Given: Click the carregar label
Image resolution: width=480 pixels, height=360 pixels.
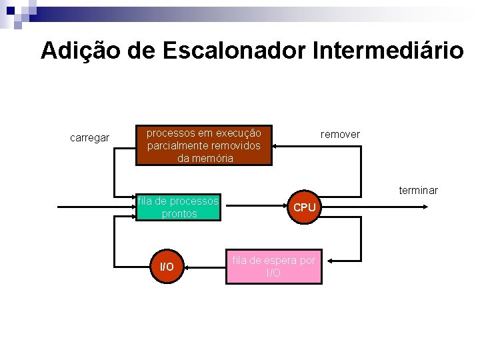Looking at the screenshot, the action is (x=89, y=138).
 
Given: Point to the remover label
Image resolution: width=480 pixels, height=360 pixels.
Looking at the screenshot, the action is (x=340, y=135).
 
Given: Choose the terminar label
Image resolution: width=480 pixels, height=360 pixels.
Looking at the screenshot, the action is (x=418, y=191).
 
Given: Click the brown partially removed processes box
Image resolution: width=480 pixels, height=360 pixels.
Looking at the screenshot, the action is (x=205, y=145).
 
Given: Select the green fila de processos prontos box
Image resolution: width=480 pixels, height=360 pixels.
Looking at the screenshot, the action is (x=178, y=207).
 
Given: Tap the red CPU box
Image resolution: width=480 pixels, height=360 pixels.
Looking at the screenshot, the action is (x=304, y=207).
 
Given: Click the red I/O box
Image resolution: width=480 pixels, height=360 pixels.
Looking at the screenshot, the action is (x=166, y=267).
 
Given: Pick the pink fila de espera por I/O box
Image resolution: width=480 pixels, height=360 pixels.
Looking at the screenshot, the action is (x=273, y=267).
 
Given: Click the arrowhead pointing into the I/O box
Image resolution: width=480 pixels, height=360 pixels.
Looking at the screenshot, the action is (x=186, y=267).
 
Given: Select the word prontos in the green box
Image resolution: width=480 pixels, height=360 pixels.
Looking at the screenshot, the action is (x=179, y=214).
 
